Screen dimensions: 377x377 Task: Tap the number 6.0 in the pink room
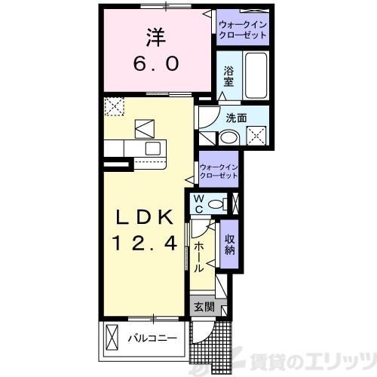click(157, 64)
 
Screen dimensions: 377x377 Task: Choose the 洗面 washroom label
click(236, 117)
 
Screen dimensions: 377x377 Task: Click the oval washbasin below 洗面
click(228, 138)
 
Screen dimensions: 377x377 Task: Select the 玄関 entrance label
click(203, 307)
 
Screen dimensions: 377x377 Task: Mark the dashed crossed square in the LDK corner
click(115, 107)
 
